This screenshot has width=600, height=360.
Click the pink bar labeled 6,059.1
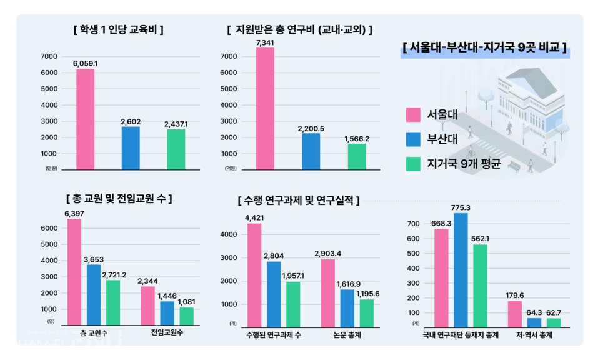point(85,119)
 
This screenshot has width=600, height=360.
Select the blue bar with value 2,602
point(131,147)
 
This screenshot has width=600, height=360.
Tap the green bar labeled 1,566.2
point(357,156)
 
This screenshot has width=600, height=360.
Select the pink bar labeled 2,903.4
point(329,292)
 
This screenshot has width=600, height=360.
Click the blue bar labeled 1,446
point(167,314)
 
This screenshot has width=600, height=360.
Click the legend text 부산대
point(442,139)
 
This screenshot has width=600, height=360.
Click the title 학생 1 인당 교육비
point(118,29)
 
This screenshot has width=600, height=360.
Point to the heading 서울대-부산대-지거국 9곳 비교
point(485,48)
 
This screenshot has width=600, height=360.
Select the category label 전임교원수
point(167,333)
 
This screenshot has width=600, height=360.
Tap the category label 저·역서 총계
point(535,336)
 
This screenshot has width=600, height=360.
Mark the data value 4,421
point(255,217)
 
